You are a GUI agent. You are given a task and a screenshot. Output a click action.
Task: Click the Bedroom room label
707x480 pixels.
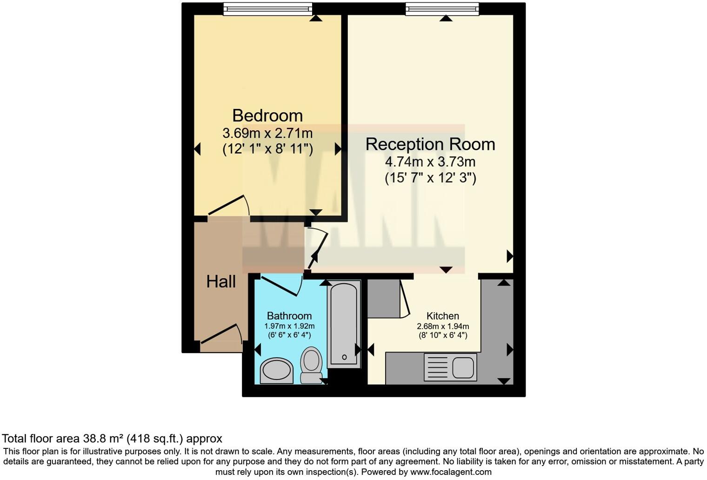point(267,115)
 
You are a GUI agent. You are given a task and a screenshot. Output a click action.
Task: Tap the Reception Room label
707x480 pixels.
point(430,144)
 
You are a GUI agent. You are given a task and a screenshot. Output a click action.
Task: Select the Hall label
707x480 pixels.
point(221,281)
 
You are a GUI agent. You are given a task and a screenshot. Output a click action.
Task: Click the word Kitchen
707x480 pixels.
point(443,316)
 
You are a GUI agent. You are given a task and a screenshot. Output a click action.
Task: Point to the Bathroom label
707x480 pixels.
point(289,316)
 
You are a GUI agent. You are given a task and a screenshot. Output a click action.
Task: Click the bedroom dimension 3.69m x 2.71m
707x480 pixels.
point(267,133)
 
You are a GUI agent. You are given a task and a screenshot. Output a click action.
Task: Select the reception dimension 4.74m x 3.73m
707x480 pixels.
point(430,162)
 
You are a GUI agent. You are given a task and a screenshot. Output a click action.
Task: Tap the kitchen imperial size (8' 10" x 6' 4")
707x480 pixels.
point(442,335)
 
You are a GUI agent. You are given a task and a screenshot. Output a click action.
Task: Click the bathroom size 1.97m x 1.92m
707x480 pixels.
point(289,326)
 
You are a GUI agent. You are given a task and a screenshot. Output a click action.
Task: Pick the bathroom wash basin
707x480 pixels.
point(277,371)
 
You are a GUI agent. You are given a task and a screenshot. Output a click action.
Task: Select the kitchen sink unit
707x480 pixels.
point(450,367)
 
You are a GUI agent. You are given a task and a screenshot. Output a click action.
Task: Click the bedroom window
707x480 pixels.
point(267,8)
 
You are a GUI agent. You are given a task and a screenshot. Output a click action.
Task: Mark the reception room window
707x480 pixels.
point(442,8)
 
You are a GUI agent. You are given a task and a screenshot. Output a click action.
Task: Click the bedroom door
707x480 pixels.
point(229,205)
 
